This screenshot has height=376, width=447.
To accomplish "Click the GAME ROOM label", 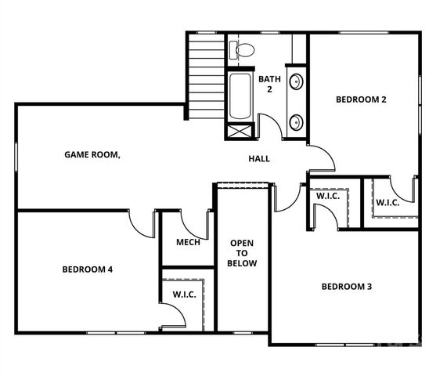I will tap(92, 154).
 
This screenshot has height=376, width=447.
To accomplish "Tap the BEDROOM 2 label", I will tap(361, 99).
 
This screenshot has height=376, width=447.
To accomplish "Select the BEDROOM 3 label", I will tap(347, 286).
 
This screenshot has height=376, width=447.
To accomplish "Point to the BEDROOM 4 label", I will tap(88, 269).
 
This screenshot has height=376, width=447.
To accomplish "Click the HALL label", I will tap(259, 158).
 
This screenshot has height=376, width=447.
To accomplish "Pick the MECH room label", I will tap(188, 242).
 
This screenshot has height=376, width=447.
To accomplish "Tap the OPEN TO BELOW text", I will tap(242, 253).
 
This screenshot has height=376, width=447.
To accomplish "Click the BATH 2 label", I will tap(269, 84).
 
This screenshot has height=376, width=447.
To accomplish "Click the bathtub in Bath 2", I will tap(240, 96).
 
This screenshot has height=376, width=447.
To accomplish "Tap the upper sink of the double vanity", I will tap(297, 81).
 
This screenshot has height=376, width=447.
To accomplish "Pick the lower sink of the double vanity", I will tap(297, 122).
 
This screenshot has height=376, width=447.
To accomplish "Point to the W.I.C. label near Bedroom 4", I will tap(184, 295).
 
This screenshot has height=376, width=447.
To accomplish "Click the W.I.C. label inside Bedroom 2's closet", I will tap(388, 203).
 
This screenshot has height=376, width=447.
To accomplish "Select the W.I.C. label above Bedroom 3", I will tap(327, 197).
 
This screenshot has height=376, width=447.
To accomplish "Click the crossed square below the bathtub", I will tap(240, 132).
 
